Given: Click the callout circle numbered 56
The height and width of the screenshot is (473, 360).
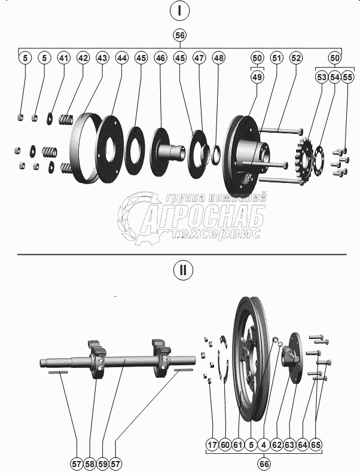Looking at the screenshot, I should click(x=179, y=35).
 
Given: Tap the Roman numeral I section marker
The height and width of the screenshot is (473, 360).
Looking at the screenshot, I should click(x=179, y=11).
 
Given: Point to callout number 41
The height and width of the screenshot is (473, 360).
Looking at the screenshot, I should click(x=63, y=58).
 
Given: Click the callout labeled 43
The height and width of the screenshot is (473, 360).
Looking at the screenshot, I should click(x=102, y=58).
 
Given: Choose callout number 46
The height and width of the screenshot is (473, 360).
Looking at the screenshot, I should click(x=160, y=58).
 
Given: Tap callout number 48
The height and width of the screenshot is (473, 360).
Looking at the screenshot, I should click(x=218, y=58).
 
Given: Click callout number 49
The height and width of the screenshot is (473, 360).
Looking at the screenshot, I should click(x=257, y=77).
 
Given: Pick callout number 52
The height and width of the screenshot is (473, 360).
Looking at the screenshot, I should click(x=295, y=58).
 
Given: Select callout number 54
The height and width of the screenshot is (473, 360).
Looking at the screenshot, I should click(x=335, y=77).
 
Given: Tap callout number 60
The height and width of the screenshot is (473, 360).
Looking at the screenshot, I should click(x=225, y=445).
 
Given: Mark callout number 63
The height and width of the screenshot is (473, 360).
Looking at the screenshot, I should click(x=289, y=445).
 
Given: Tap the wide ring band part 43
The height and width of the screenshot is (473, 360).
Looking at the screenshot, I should click(x=83, y=147).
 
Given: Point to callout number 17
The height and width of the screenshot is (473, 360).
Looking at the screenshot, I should click(x=212, y=445).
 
